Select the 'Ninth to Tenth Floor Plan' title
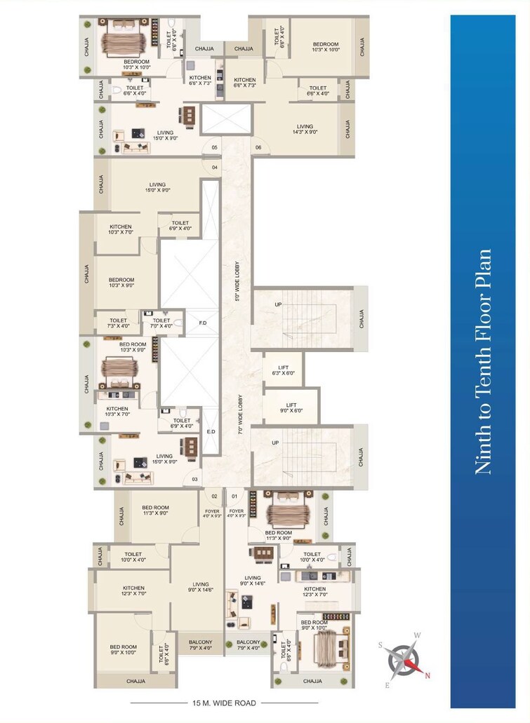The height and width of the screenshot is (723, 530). [x=484, y=362]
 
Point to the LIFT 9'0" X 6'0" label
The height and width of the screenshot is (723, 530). [x=291, y=408]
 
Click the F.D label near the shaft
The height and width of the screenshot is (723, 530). [x=203, y=323]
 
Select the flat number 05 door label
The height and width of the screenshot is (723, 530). [x=214, y=148]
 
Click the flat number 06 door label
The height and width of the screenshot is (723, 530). [x=258, y=148]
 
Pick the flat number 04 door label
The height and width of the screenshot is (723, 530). [x=214, y=167]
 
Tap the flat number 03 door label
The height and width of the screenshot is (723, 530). [x=194, y=480]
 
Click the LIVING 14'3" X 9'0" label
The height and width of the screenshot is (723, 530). [x=305, y=130]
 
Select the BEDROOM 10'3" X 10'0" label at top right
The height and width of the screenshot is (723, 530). [x=326, y=47]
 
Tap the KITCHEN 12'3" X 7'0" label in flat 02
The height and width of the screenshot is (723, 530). [x=133, y=591]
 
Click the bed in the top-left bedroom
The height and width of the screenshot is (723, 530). [x=126, y=38]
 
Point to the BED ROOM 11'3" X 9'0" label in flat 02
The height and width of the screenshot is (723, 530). [x=155, y=511]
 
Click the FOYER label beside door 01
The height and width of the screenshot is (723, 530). [x=237, y=514]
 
